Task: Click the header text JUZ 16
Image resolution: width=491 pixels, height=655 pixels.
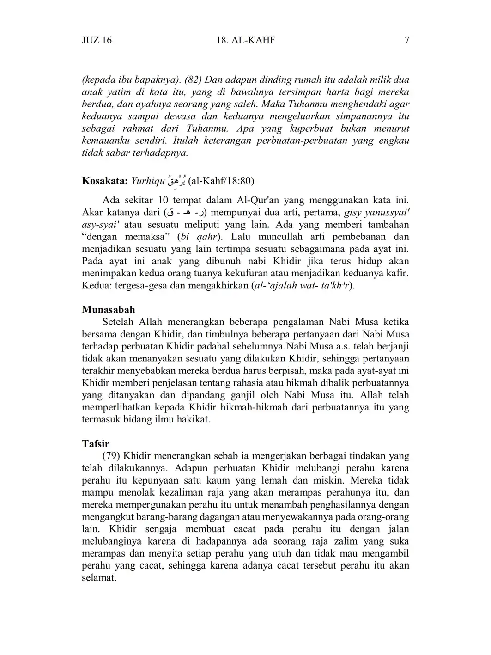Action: click(97, 40)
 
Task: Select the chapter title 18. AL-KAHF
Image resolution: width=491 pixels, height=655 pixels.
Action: click(245, 40)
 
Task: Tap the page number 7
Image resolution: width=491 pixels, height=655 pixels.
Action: click(406, 40)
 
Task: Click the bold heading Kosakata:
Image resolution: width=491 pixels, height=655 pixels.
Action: click(104, 181)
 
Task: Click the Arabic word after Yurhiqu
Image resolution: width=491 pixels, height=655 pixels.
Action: click(176, 179)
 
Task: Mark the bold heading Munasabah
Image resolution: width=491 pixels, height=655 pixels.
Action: click(109, 310)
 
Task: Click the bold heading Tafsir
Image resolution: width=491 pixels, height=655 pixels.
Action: click(96, 444)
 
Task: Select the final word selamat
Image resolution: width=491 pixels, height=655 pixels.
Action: click(98, 578)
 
